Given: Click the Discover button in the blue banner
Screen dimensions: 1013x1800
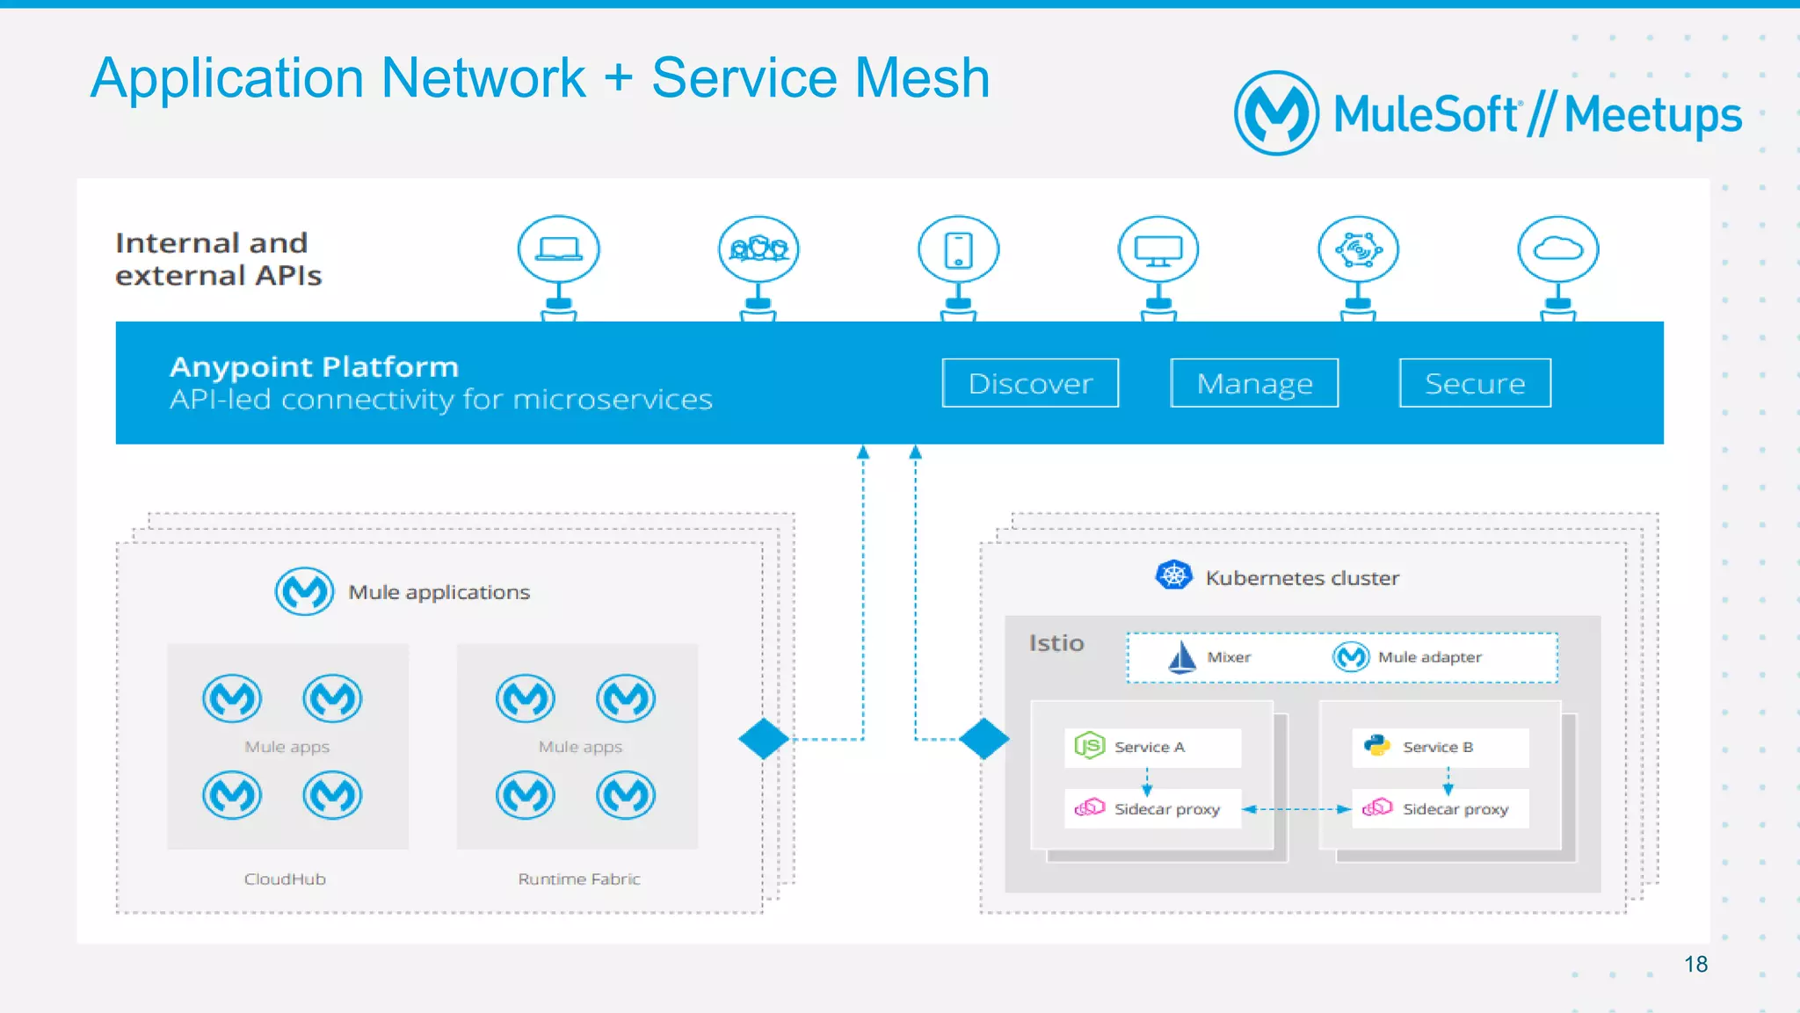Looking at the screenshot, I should coord(1030,383).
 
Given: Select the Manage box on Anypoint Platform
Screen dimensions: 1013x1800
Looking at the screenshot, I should coord(1254,383).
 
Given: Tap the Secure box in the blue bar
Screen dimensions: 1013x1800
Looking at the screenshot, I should coord(1475,383).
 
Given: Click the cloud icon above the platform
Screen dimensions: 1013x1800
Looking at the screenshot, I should coord(1557,250).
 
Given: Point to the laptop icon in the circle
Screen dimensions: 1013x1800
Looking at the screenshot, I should coord(559,250).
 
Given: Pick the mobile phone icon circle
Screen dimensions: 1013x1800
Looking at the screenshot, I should coord(958,250).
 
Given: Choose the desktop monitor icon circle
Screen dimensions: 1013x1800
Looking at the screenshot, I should coord(1158,250).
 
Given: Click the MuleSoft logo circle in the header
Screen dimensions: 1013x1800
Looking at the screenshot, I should coord(1276,113).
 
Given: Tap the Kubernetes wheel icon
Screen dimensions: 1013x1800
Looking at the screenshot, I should coord(1173,575).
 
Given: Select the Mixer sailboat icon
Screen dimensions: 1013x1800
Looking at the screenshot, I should coord(1182,657).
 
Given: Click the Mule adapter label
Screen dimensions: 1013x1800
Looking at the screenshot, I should coord(1429,657).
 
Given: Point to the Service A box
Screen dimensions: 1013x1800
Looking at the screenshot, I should coord(1152,747).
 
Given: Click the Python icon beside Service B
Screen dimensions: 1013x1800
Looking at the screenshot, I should coord(1376,746).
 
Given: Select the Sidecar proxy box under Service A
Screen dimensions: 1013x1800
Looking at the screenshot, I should coord(1152,808).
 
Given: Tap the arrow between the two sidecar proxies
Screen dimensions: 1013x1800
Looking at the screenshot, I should coord(1296,809).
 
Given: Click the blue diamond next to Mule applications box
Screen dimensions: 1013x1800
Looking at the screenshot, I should coord(763,739).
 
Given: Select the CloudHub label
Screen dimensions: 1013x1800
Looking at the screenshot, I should coord(285,879).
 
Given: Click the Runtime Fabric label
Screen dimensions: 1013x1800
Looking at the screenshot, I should coord(578,879).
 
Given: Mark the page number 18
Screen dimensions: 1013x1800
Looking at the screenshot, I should coord(1695,964).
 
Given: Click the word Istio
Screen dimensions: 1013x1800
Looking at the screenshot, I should coord(1056,643).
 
